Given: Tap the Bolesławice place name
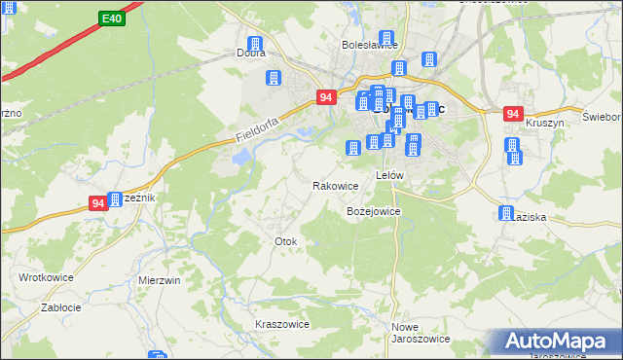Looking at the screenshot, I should (370, 45).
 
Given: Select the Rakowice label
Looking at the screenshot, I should (336, 185).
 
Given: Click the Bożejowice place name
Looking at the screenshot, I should (374, 211).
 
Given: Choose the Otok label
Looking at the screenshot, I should (285, 240).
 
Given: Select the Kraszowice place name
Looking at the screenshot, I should (281, 324).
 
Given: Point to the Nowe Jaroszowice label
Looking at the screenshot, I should (420, 333).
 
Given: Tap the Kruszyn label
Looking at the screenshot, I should (545, 124).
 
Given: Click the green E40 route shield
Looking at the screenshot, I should (111, 18).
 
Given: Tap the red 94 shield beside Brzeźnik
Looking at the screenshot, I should (98, 203).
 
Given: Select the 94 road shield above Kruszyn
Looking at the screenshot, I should (514, 114).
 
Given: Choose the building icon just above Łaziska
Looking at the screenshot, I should (506, 213).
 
